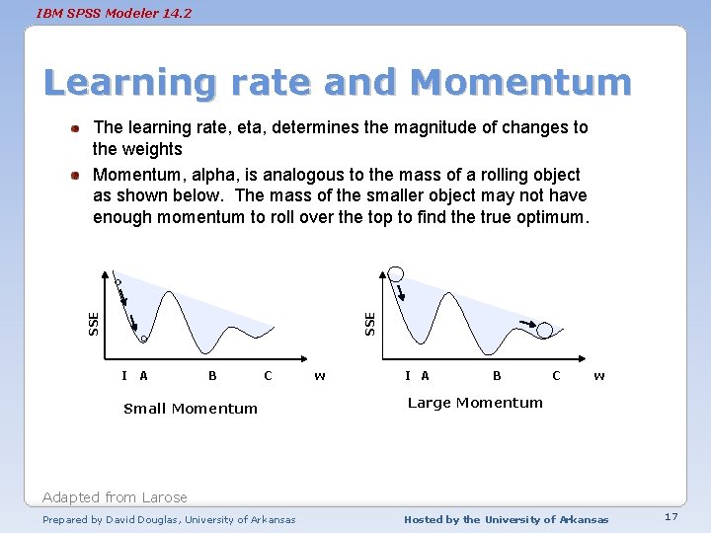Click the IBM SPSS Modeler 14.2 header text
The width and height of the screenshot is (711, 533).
tap(114, 14)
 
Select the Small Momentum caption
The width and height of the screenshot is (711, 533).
tap(191, 409)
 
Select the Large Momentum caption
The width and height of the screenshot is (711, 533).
tap(475, 403)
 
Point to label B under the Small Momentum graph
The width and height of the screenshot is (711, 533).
tap(212, 375)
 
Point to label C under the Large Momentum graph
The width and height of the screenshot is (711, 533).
tap(556, 375)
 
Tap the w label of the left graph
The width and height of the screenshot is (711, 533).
tap(319, 375)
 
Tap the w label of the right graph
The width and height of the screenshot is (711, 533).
tap(599, 375)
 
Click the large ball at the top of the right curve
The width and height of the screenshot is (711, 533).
tap(396, 273)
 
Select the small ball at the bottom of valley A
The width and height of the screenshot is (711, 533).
tap(143, 340)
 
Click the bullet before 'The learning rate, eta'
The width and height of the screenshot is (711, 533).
tap(75, 128)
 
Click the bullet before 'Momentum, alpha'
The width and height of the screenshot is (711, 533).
tap(75, 176)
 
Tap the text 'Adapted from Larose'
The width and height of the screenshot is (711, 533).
tap(115, 497)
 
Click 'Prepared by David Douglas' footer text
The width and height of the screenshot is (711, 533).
tap(169, 519)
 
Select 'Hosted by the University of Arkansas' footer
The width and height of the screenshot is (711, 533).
tap(507, 519)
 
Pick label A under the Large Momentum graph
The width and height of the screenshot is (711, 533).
tap(425, 375)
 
